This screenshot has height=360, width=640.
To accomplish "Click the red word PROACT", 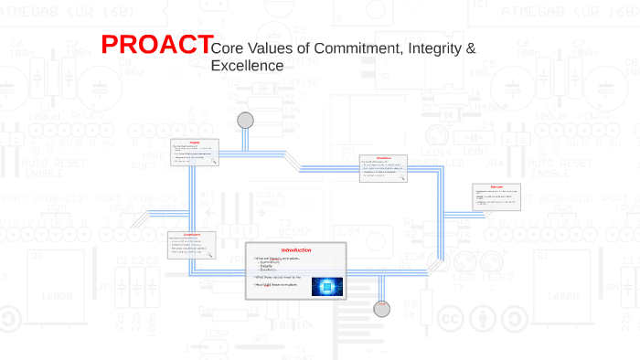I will coord(151,45).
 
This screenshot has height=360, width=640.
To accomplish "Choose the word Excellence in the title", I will coord(247,66).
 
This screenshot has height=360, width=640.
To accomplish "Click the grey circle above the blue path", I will coord(245,121).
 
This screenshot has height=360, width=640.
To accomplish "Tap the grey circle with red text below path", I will coord(382,309).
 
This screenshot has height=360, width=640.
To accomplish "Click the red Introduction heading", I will coord(296,250).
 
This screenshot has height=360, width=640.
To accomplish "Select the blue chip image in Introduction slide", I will coord(326,287).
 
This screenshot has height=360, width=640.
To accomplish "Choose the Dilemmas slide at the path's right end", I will coord(497,196).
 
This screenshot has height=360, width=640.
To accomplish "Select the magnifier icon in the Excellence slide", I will coord(404,179).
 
